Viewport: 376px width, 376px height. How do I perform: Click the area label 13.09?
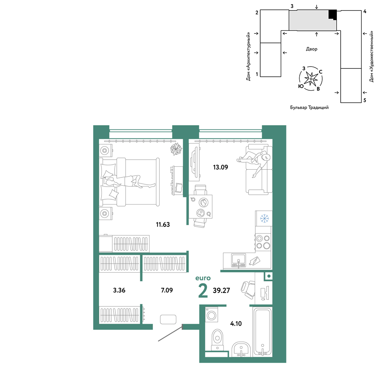tap(220, 167)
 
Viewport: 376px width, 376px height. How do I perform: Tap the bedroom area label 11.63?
tap(163, 224)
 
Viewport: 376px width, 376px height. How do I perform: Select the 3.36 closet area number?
tap(119, 290)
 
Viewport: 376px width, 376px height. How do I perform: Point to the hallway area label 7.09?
tap(167, 290)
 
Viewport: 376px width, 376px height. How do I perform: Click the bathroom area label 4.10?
tap(236, 323)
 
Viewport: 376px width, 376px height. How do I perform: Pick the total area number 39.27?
tap(221, 290)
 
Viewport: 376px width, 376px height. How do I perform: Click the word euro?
tap(203, 278)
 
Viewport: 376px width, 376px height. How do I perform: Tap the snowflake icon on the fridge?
tap(264, 218)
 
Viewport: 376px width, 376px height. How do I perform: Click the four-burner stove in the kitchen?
tap(263, 242)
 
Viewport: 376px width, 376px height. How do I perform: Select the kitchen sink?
tap(238, 261)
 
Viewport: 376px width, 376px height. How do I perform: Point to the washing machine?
tap(211, 315)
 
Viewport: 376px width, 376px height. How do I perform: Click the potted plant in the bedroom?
tap(176, 149)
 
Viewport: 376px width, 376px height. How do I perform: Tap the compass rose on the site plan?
tap(311, 79)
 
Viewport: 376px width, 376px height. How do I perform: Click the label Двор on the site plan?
tap(311, 49)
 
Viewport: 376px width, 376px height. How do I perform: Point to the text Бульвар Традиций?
tap(309, 108)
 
